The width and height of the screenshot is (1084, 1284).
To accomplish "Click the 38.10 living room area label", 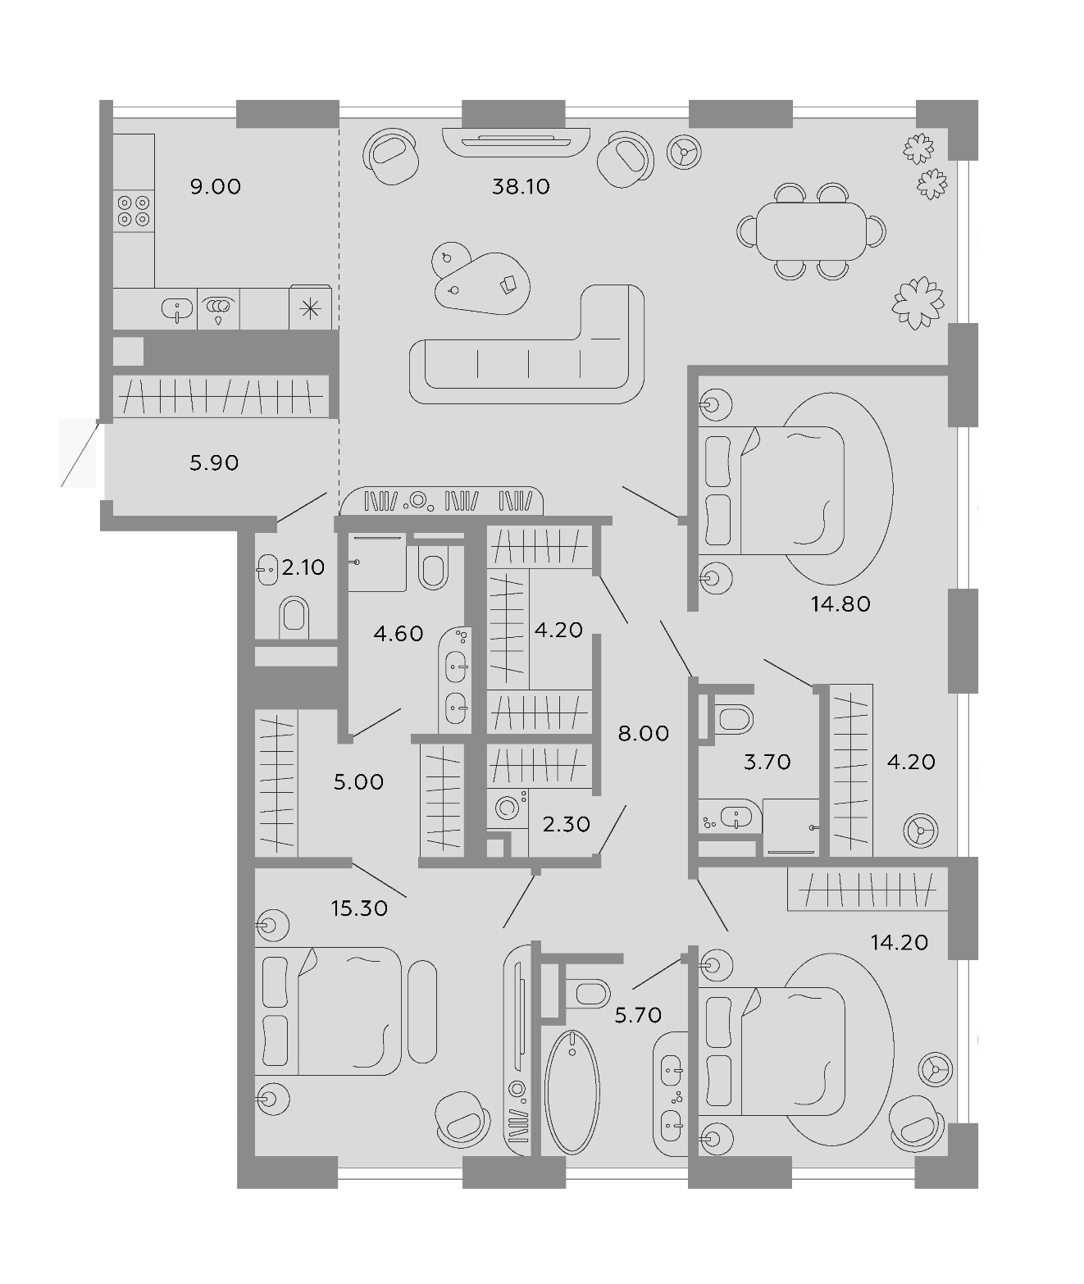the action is click(520, 186).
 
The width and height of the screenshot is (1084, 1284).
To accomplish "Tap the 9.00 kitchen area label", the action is click(215, 186).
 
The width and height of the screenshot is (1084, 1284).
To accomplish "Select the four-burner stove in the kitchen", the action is click(134, 211).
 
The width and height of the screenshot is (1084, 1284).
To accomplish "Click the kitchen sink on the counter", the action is click(177, 308).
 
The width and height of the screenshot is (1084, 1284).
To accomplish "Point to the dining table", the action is click(811, 231).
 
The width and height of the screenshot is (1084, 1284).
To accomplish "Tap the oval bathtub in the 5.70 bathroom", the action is click(572, 1092).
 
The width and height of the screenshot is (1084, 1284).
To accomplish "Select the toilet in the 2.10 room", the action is click(294, 617).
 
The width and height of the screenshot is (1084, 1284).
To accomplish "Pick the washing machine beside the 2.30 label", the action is click(508, 808).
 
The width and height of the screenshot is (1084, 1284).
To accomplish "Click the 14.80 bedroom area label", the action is click(840, 603).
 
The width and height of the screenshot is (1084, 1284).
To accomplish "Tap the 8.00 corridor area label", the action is click(643, 734).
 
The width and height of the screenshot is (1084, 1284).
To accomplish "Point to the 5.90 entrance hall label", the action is click(214, 462).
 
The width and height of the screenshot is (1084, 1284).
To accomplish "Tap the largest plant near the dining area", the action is click(918, 303).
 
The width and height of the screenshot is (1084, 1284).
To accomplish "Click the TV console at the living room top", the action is click(516, 142).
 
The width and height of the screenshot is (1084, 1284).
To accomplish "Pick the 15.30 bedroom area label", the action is click(359, 908).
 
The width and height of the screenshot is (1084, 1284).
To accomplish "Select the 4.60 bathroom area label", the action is click(399, 633).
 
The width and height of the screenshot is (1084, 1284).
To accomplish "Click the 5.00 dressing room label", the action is click(358, 781).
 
